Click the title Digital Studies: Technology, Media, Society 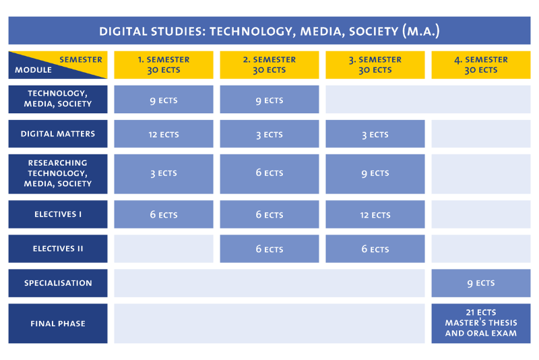point(269,31)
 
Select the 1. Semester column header point(164,65)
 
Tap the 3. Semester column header point(375,65)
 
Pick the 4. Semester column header point(481,65)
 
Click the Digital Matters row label point(58,133)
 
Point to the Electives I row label point(58,214)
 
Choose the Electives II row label point(58,249)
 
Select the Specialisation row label point(58,283)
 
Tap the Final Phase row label point(58,324)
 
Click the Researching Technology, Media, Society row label point(58,173)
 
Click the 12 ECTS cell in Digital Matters point(164,134)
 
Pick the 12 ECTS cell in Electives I point(375,215)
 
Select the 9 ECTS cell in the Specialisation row point(481,283)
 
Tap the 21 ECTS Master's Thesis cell point(481,323)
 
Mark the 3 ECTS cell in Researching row point(164,173)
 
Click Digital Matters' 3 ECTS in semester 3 point(375,134)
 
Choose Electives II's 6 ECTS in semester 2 point(269,249)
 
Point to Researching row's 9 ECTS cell point(375,173)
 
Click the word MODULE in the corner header point(33,69)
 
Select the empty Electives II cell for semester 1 point(164,249)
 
